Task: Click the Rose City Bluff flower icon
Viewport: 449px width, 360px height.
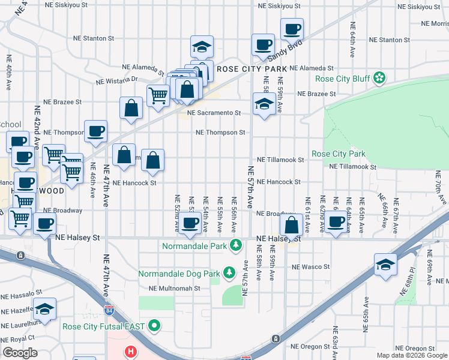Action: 379,77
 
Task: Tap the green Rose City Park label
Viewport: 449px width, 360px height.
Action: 339,154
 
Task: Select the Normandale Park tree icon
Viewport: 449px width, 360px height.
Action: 237,245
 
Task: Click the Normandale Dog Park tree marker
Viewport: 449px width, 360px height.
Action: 229,274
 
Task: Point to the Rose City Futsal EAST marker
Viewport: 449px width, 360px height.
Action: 155,326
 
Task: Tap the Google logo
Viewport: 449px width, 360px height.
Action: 20,353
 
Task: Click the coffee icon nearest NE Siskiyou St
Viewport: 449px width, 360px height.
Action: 292,29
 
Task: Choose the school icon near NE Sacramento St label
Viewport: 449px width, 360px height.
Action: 264,104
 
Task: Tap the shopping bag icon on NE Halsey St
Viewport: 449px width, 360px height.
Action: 291,226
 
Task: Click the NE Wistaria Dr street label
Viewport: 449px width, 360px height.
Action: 117,79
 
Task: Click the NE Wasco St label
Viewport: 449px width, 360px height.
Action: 310,266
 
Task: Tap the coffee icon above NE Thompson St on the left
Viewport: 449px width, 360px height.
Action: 95,131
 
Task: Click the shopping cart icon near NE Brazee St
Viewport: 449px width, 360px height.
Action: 158,95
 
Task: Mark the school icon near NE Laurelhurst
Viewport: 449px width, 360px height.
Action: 44,309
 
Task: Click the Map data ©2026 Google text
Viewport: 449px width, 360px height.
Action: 411,355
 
